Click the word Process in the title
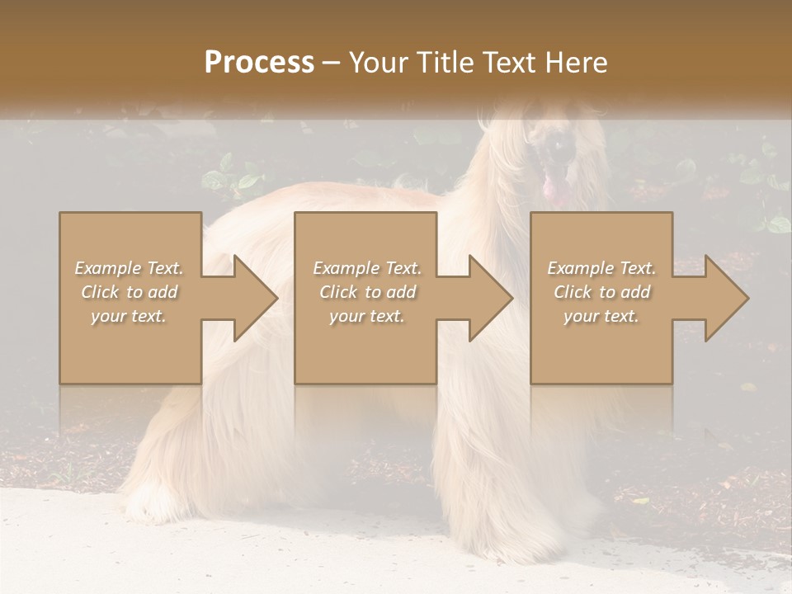pos(259,63)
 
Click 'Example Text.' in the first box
pos(130,268)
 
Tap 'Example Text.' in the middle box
pos(367,268)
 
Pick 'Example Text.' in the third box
pos(601,268)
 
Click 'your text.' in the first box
pos(129,316)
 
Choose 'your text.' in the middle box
pos(367,316)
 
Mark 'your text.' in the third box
pos(601,316)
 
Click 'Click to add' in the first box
pos(130,292)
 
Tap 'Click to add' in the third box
pos(601,292)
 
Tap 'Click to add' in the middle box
pos(367,292)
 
